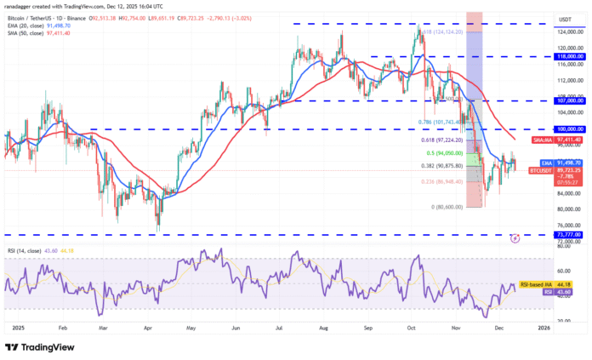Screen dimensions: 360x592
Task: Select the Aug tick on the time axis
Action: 324,326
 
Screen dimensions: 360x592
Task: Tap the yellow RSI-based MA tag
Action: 537,283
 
